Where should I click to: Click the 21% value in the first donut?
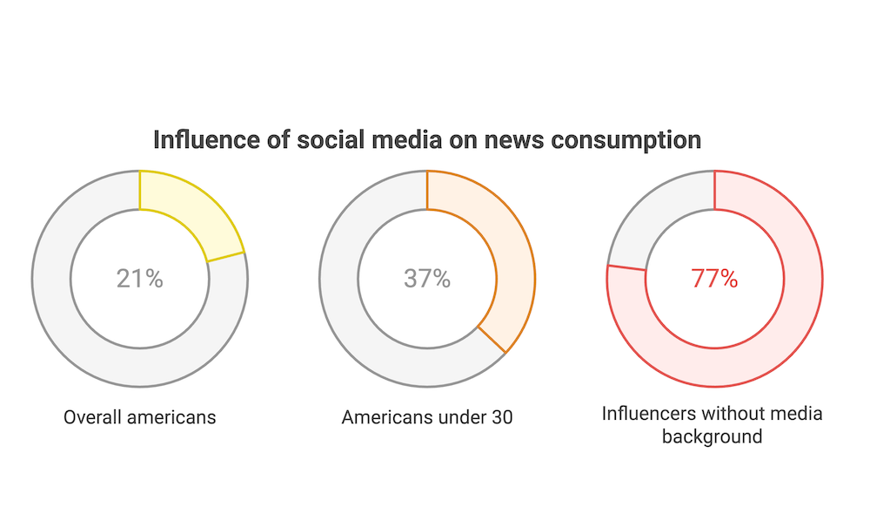[x=139, y=279]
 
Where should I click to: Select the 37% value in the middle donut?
[x=427, y=279]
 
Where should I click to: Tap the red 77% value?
[x=714, y=279]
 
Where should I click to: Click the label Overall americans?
[x=139, y=417]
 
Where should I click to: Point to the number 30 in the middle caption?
[x=501, y=417]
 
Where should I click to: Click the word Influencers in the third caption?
[x=645, y=412]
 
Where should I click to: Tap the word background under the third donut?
[x=712, y=436]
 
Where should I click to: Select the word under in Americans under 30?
[x=459, y=417]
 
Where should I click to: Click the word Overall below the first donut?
[x=92, y=417]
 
